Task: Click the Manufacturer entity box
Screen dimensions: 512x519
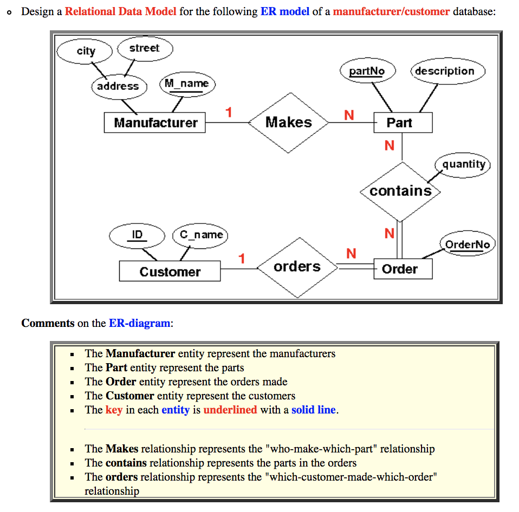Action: (x=155, y=123)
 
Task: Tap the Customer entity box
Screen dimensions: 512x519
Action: (x=170, y=271)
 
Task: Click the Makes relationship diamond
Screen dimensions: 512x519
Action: (x=289, y=123)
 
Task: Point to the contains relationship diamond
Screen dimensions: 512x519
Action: (x=400, y=191)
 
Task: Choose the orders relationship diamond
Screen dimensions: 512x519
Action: (x=297, y=267)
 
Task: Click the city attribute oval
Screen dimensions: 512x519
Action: (x=86, y=51)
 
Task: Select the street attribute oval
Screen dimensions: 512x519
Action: (x=145, y=48)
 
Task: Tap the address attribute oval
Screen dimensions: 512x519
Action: (x=118, y=86)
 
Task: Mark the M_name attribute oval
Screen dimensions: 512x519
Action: (x=187, y=84)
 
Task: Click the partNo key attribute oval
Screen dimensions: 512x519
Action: (x=367, y=71)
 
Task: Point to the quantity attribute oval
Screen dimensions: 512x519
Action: (x=463, y=164)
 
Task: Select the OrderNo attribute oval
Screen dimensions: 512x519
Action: (x=468, y=244)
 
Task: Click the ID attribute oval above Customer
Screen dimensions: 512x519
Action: (x=137, y=235)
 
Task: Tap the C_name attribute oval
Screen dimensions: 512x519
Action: (x=201, y=235)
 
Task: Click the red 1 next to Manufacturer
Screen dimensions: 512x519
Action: (x=229, y=113)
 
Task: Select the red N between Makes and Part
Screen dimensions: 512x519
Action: (x=349, y=115)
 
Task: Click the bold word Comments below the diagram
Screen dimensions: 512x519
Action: (x=48, y=323)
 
